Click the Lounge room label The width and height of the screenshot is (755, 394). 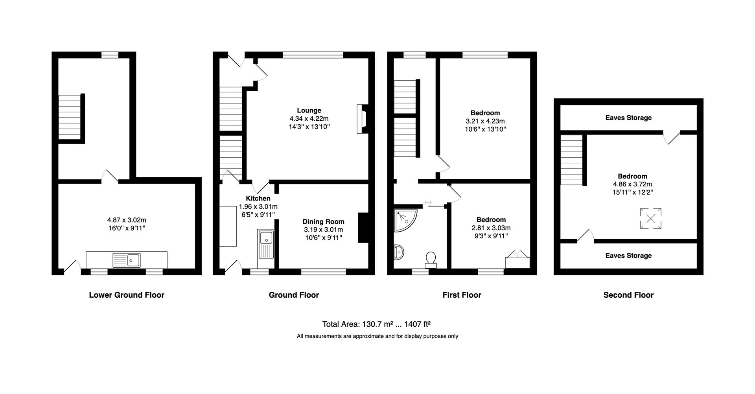309,110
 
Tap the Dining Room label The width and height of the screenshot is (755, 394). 323,222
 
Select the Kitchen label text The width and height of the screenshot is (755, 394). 258,199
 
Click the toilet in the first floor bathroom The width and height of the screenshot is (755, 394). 431,260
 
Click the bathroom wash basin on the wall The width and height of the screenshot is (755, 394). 398,252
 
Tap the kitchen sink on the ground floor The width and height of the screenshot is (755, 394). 266,244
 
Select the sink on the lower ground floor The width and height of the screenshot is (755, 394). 127,260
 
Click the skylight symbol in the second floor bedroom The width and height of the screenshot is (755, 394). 651,218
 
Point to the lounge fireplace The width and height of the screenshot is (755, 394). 362,119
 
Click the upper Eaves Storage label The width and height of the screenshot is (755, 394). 628,118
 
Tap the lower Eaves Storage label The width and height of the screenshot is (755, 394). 628,256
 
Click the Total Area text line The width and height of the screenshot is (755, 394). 376,324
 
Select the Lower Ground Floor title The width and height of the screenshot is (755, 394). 127,295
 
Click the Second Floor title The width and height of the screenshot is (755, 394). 628,295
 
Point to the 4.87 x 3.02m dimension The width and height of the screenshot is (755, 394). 127,220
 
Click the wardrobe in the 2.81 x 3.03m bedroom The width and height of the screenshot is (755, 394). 517,260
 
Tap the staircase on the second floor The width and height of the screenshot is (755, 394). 571,160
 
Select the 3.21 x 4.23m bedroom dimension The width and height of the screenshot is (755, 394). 485,121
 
